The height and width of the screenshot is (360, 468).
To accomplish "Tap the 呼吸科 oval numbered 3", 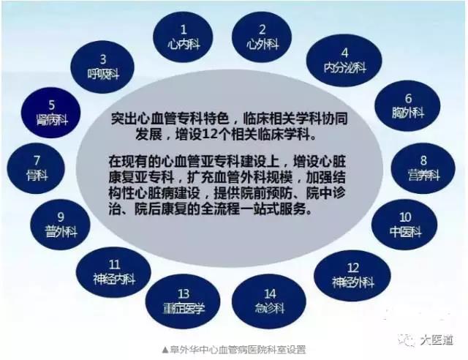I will [103, 67].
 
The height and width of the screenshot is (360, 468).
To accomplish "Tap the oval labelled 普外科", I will [61, 223].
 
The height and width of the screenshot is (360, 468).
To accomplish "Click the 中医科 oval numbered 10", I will [406, 224].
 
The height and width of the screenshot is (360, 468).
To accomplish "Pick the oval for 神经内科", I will [113, 271].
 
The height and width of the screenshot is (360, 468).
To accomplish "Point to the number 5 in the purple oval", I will [51, 104].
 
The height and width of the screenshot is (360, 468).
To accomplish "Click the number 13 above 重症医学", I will [184, 293].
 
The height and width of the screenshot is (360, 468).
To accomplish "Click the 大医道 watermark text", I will [436, 340].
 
